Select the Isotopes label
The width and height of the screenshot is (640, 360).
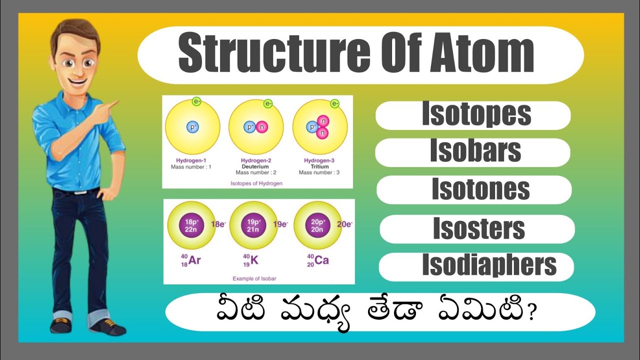[476, 114]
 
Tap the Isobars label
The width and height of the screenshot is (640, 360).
[475, 151]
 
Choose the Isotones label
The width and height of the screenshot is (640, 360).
[480, 189]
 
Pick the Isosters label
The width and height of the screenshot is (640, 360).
[478, 228]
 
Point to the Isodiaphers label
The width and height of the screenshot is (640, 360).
[489, 265]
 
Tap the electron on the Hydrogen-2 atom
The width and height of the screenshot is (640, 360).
[268, 104]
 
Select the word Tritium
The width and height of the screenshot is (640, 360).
[319, 166]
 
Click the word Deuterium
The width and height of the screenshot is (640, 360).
[255, 166]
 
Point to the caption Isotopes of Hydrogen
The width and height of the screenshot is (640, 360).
[256, 183]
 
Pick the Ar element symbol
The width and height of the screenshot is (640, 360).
[194, 260]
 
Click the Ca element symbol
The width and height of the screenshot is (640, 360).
[322, 260]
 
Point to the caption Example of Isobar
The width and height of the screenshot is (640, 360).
[254, 278]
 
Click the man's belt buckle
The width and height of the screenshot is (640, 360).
[79, 191]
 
